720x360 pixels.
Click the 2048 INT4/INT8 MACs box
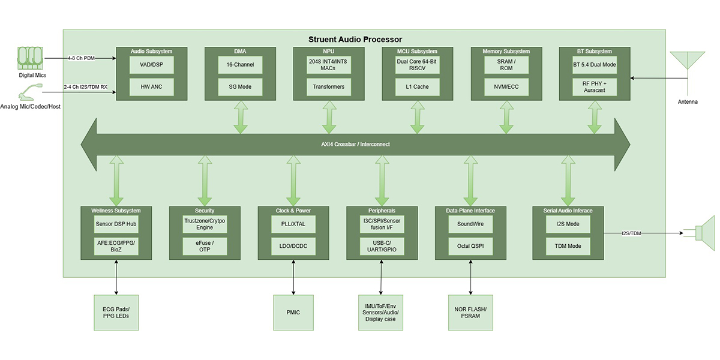point(328,65)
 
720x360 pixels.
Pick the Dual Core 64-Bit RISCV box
point(417,65)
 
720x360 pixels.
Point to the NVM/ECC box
point(506,87)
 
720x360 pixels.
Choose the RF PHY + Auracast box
point(595,87)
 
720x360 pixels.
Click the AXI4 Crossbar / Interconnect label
point(355,144)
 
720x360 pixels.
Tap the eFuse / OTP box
point(205,246)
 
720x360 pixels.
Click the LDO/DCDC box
point(293,246)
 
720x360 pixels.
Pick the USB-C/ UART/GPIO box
point(382,246)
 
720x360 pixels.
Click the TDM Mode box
point(568,246)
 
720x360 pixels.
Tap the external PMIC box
point(293,312)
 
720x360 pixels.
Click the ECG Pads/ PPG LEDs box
point(116,312)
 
